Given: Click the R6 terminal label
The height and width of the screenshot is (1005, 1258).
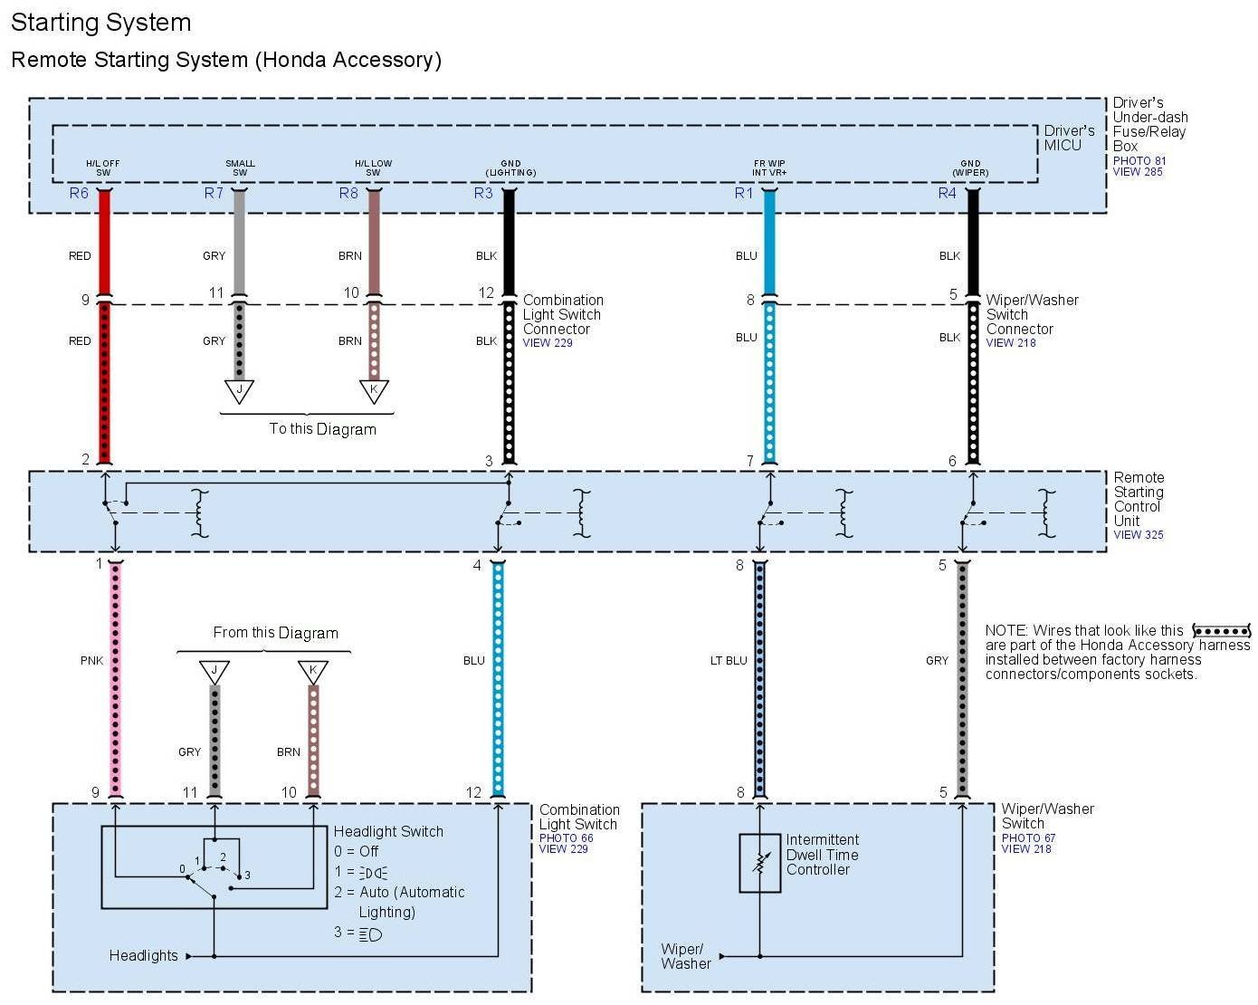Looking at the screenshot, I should point(79,193).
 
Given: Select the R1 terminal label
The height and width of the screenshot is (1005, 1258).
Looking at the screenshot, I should point(744,193).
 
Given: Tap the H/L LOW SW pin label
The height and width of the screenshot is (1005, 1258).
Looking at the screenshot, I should point(373,168).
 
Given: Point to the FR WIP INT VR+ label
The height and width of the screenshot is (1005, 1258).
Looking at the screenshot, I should point(769,168).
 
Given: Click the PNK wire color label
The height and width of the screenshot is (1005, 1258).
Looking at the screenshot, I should point(91,661).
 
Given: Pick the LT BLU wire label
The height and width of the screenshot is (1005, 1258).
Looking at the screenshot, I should point(729,661).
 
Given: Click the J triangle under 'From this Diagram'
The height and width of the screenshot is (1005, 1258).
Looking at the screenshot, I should point(214,672).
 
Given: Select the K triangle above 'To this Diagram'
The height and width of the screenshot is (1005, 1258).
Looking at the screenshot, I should point(374,391).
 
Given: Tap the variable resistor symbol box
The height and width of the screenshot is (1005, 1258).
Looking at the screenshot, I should point(759,863).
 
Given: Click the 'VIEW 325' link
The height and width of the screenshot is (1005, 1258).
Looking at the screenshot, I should point(1138,535).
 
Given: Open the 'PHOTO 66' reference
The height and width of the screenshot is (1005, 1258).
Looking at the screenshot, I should point(566,838).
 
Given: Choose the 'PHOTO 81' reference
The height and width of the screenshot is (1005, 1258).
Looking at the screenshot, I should point(1139,161).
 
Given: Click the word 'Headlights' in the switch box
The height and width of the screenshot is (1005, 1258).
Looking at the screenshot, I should point(143,955).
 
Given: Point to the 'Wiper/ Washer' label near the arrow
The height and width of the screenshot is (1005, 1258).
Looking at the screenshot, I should point(684,956).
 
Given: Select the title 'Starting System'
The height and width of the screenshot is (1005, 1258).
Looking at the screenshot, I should point(100,23).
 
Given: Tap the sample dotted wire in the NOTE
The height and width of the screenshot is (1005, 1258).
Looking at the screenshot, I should point(1221,631).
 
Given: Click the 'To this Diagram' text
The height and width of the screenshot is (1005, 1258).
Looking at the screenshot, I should point(322,429).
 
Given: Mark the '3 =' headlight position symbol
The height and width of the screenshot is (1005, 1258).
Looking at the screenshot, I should point(371,933).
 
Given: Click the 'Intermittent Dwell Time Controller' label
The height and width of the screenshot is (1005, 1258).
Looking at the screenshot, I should point(822,855).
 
